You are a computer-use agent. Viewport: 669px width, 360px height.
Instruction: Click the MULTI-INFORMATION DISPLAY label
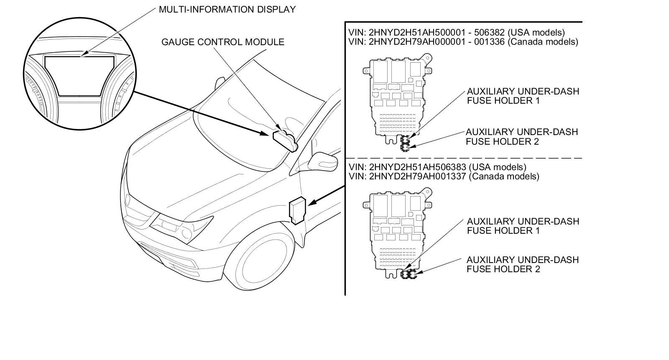227,9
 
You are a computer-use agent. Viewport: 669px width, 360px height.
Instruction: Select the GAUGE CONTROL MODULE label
223,42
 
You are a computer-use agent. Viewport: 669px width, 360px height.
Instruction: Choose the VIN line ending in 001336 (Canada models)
463,42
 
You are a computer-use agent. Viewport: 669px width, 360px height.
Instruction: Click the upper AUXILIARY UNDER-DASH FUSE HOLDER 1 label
523,96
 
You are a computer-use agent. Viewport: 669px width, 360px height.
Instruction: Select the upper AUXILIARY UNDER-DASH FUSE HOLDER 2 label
522,136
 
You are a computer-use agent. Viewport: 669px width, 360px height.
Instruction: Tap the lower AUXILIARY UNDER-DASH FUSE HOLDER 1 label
523,226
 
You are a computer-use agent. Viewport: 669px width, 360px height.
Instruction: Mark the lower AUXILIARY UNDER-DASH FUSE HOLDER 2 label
522,264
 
